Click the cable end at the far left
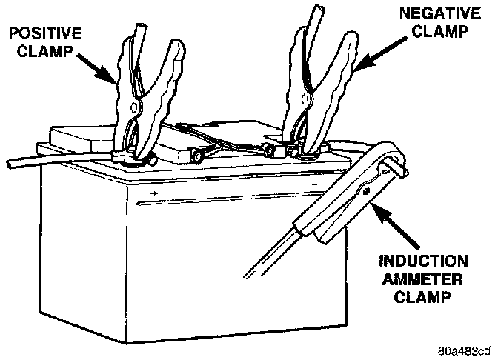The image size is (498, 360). (10, 160)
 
